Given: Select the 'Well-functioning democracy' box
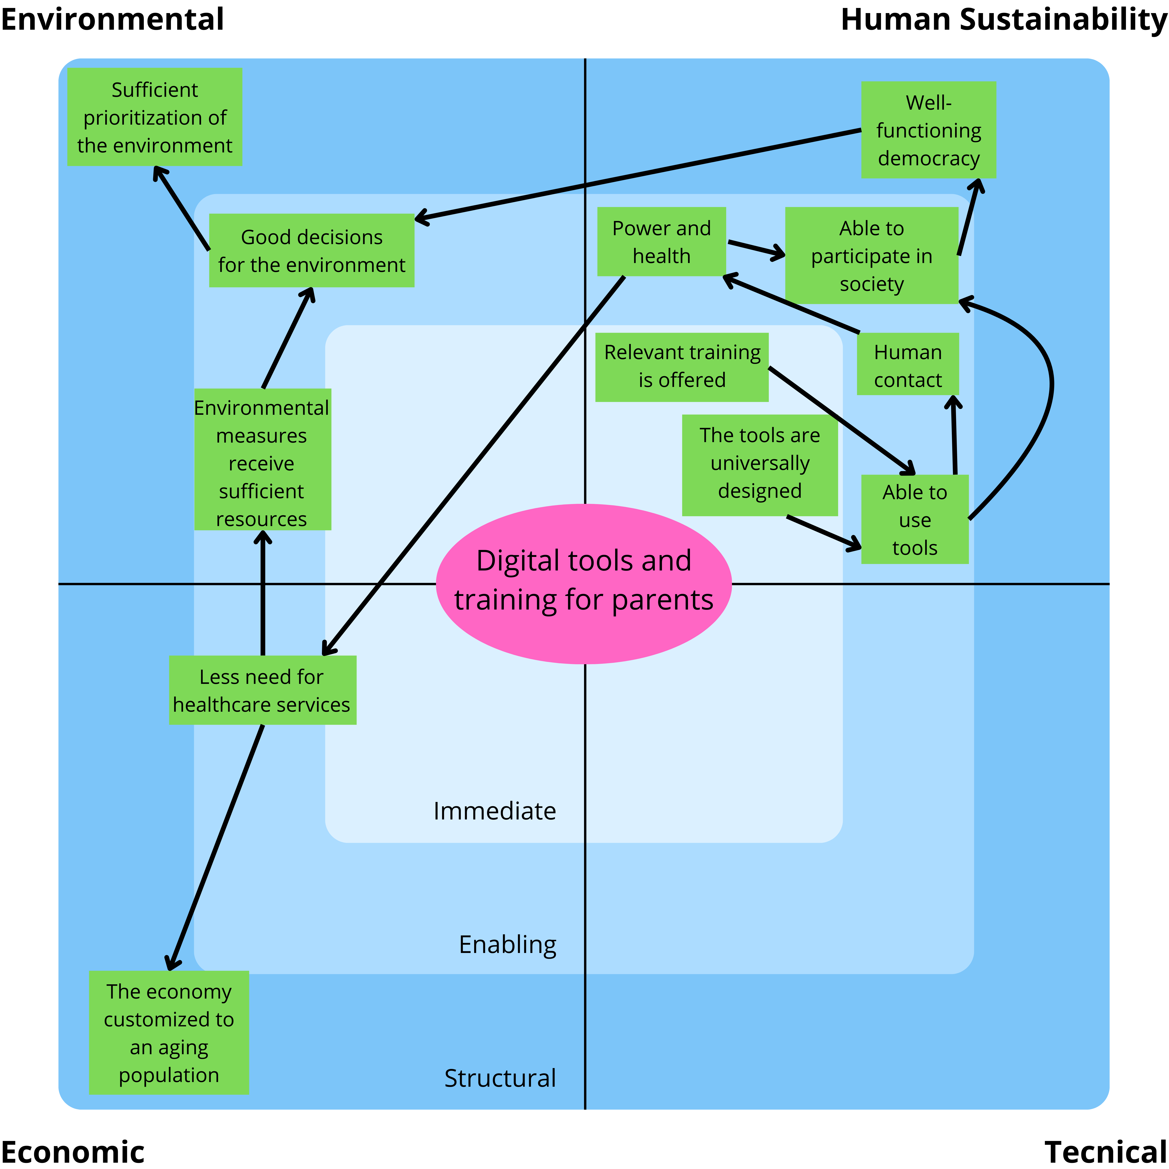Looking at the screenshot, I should point(928,130).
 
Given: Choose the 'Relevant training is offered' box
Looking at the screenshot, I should point(682,367).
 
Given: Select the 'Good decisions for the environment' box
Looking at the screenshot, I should point(312,250).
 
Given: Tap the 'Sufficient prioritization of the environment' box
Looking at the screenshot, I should point(155,117).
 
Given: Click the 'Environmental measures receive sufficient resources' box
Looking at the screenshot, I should point(262,460).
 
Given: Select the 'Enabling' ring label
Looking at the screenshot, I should point(507,945).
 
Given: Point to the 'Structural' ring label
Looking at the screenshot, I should point(500,1078).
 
